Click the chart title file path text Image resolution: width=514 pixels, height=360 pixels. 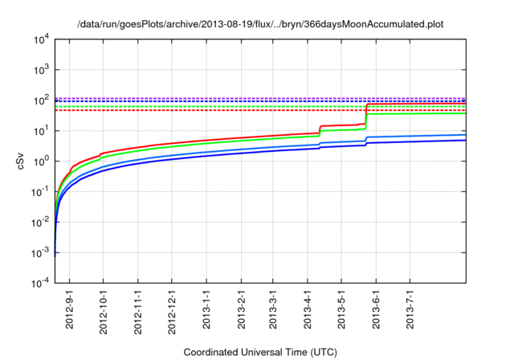pyautogui.click(x=260, y=25)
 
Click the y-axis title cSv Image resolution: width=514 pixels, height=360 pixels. pyautogui.click(x=22, y=161)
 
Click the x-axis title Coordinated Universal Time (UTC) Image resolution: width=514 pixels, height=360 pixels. pyautogui.click(x=260, y=352)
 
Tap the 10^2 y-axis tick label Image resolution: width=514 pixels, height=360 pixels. pyautogui.click(x=41, y=100)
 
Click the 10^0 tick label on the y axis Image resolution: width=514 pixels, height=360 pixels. pyautogui.click(x=41, y=162)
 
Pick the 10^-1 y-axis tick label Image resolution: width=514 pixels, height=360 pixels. pyautogui.click(x=41, y=192)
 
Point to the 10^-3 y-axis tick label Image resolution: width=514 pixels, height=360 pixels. pyautogui.click(x=41, y=253)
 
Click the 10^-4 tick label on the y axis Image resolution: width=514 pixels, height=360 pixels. pyautogui.click(x=41, y=284)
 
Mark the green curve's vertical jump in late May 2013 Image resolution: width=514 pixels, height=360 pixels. pyautogui.click(x=366, y=121)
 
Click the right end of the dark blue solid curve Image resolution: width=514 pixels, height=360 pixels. pyautogui.click(x=465, y=140)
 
